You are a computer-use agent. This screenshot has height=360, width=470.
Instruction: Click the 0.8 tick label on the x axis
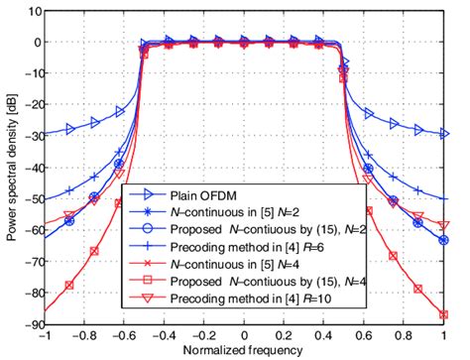(x=403, y=337)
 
